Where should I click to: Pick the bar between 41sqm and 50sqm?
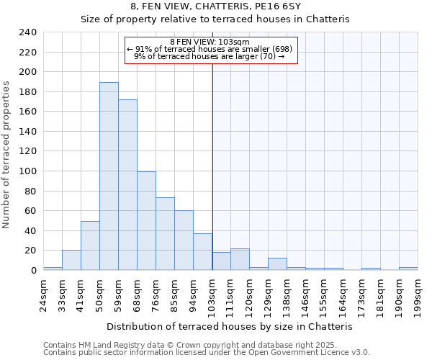(x=90, y=246)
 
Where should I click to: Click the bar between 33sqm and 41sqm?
(x=71, y=260)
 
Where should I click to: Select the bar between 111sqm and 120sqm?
(x=240, y=259)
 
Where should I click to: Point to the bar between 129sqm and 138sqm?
(x=277, y=264)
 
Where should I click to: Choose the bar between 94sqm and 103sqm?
(x=202, y=252)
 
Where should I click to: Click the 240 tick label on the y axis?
(x=27, y=32)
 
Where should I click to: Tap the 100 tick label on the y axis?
(x=27, y=171)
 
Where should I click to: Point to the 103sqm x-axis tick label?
(x=212, y=294)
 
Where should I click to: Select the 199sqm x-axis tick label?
(x=418, y=294)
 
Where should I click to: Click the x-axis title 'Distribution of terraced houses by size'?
(x=229, y=326)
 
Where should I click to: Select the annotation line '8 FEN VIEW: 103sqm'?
(x=210, y=42)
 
